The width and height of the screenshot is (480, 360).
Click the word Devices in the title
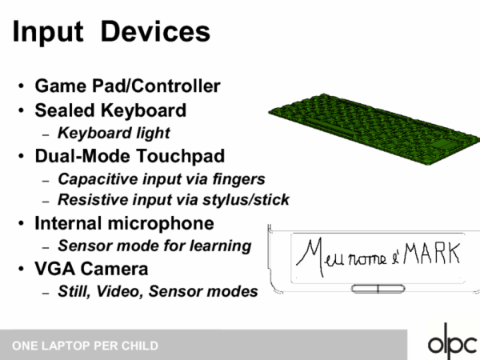[x=155, y=31]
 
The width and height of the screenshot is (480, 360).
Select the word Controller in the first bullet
[x=176, y=86]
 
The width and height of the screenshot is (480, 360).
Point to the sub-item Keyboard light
[x=114, y=134]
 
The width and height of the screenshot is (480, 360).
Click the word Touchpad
[x=180, y=156]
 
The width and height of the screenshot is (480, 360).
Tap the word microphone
[x=161, y=223]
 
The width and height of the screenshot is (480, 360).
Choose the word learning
[x=221, y=246]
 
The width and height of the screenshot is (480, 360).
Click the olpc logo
[x=452, y=342]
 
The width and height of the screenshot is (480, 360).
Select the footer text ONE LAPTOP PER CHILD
[x=85, y=346]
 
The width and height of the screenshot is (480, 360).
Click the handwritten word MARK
[x=432, y=254]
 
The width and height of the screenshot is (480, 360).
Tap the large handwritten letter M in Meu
[x=310, y=257]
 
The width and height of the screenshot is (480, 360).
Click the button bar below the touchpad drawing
[x=378, y=289]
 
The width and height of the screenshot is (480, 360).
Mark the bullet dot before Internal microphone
[x=21, y=223]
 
